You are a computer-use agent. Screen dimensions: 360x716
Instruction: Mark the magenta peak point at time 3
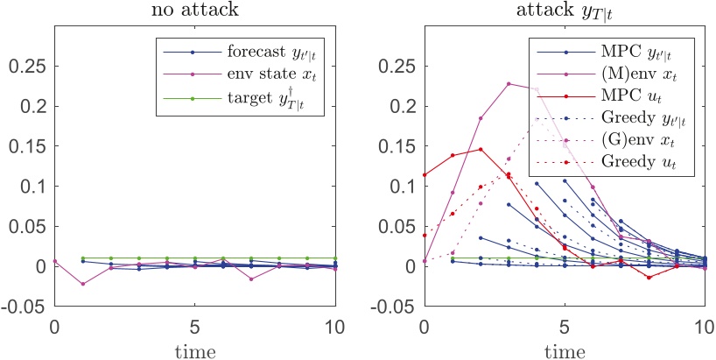click(x=509, y=84)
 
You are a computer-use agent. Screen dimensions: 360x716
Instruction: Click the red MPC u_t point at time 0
click(x=425, y=175)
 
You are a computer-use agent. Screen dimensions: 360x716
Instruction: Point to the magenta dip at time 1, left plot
click(x=83, y=284)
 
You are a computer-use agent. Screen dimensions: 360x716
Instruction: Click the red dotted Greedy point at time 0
click(x=425, y=235)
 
